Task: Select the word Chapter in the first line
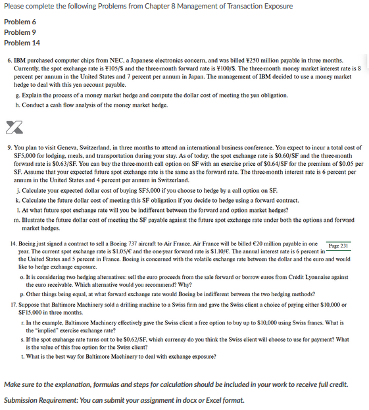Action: (x=161, y=7)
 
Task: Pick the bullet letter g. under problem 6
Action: (x=16, y=95)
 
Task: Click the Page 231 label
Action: (x=338, y=245)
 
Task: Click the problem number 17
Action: (x=12, y=305)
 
